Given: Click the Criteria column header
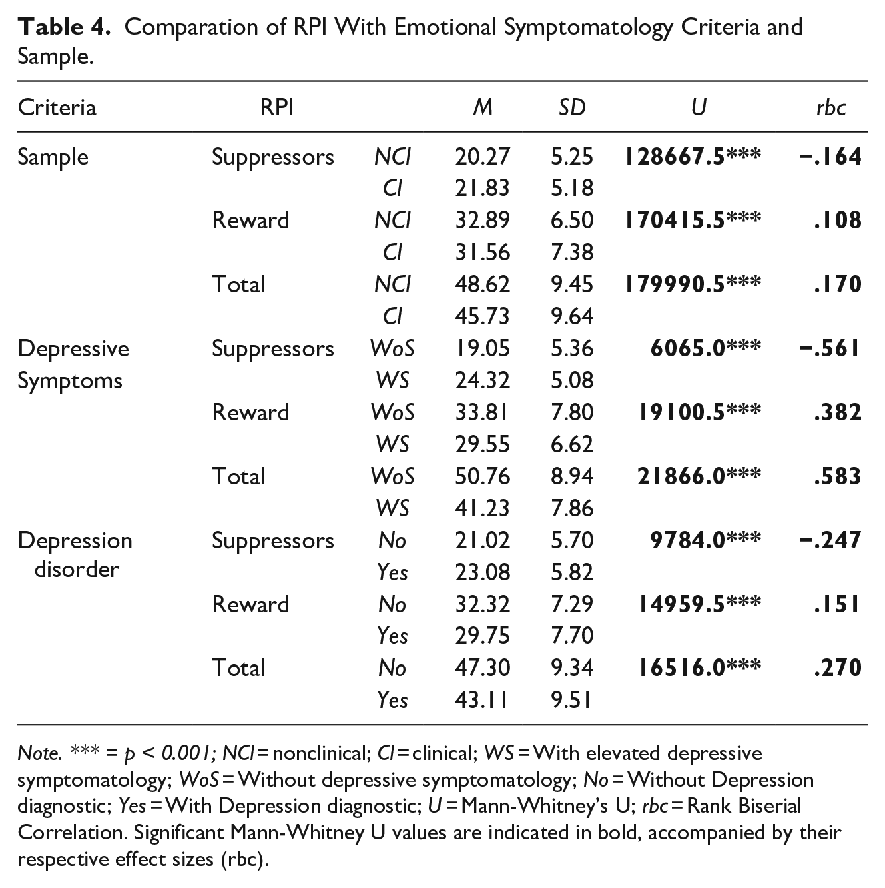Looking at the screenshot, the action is (57, 107).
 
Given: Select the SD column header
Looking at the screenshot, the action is (572, 107).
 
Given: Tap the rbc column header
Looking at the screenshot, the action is (831, 107).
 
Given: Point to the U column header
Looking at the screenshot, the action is (699, 107).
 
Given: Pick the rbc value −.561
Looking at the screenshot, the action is (830, 348).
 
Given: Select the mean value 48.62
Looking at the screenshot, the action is (482, 284).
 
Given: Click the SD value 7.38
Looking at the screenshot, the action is (572, 252).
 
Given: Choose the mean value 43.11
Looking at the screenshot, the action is (481, 700).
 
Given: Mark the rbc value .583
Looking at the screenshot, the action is (838, 476).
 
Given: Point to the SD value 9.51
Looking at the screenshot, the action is (571, 700).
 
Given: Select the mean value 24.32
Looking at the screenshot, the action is (482, 380).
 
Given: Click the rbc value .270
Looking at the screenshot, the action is (838, 668).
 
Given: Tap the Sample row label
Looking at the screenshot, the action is (53, 157).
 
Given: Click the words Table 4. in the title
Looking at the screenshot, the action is (64, 27).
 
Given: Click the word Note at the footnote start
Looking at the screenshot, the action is (39, 753).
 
